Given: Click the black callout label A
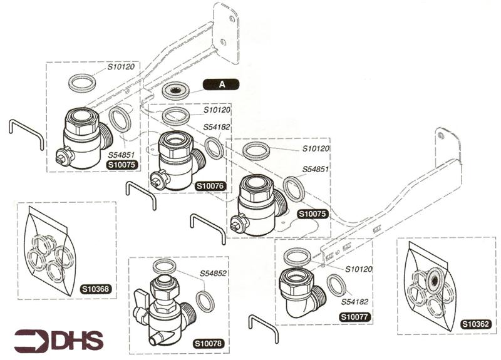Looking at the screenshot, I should point(221,84).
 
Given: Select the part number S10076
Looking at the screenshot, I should point(210,186).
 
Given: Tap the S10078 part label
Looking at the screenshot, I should point(207,344).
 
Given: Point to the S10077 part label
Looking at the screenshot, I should point(354,317).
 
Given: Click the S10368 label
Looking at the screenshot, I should point(95,289).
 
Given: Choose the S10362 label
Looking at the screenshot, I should point(475,324).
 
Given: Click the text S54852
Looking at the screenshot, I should point(214,274).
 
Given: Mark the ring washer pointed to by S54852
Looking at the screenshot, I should point(205,300).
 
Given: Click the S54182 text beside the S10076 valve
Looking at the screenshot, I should point(217,127).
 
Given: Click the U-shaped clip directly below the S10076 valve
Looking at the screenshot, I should point(141,195).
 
